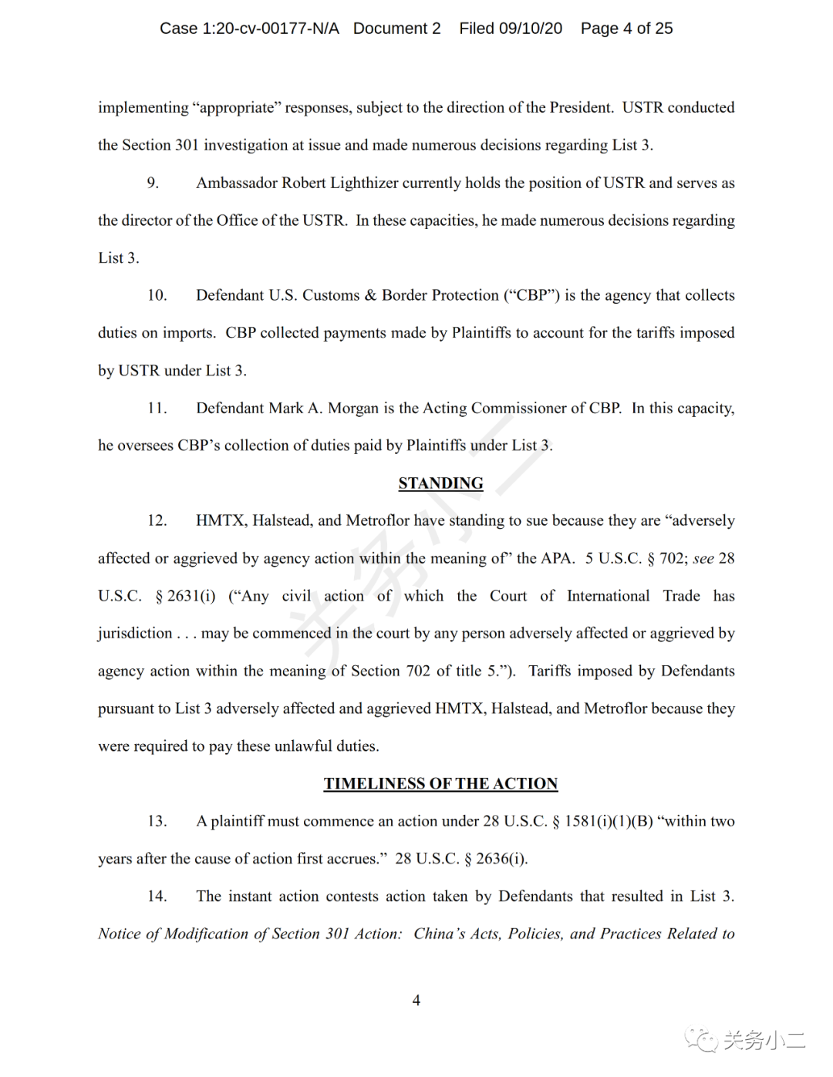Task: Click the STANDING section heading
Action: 440,483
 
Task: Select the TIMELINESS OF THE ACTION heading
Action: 440,783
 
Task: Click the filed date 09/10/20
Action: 531,29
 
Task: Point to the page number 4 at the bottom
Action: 416,1000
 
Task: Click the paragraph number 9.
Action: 153,183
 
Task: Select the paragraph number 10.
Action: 157,295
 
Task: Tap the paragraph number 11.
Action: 157,408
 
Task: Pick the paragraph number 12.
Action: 157,520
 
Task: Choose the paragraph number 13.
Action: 157,821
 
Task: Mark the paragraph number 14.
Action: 157,896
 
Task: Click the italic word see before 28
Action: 703,558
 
